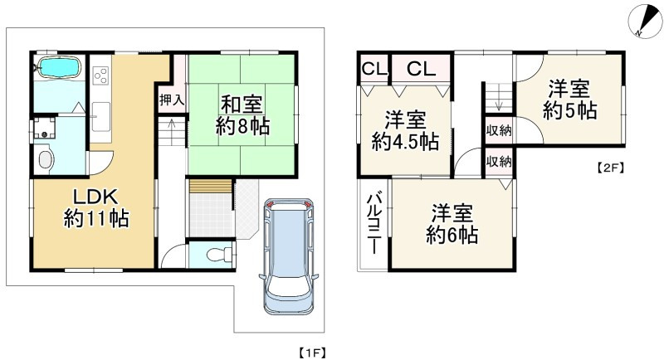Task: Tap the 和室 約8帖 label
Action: (242, 117)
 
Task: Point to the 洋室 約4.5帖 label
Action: (405, 129)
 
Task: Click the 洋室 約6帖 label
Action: (452, 223)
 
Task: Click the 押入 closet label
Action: (172, 99)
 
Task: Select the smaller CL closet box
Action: (373, 69)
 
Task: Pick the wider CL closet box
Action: (421, 69)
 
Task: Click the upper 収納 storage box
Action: (499, 130)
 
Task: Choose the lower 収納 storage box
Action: (499, 161)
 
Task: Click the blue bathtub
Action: (57, 66)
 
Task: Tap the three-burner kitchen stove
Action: (101, 74)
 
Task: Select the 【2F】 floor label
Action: (610, 167)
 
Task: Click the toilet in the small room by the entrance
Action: (211, 255)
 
